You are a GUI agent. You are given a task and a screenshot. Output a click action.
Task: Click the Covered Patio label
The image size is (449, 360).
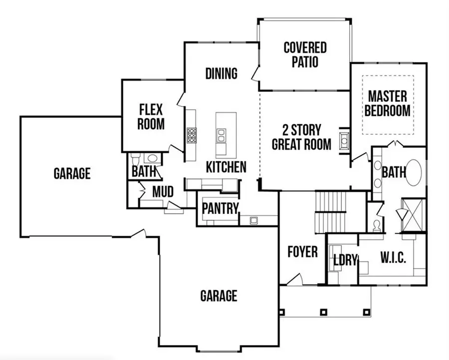click(305, 54)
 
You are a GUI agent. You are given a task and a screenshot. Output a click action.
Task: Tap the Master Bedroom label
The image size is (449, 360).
click(387, 103)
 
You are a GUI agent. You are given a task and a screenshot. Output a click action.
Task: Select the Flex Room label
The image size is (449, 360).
click(151, 116)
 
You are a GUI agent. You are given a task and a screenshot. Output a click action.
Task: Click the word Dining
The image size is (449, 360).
click(221, 73)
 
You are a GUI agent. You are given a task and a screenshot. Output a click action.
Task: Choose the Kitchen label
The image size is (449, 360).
click(226, 167)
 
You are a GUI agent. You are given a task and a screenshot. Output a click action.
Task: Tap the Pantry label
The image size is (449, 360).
click(221, 209)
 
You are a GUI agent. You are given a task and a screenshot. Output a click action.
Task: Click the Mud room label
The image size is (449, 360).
click(163, 192)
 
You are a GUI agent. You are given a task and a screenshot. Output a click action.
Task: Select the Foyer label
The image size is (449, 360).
click(302, 252)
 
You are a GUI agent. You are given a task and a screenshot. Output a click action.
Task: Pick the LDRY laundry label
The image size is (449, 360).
click(345, 260)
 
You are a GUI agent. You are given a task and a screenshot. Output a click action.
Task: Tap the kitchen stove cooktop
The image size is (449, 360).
click(192, 135)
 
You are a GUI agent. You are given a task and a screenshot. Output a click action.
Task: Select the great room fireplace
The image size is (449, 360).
click(344, 141)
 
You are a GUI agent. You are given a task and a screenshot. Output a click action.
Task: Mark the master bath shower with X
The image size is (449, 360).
click(414, 215)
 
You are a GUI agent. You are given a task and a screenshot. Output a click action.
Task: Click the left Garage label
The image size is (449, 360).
click(72, 173)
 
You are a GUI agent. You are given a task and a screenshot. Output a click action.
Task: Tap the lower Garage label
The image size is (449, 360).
click(219, 296)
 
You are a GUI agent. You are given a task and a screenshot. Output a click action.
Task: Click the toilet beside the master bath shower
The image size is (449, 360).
click(378, 225)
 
